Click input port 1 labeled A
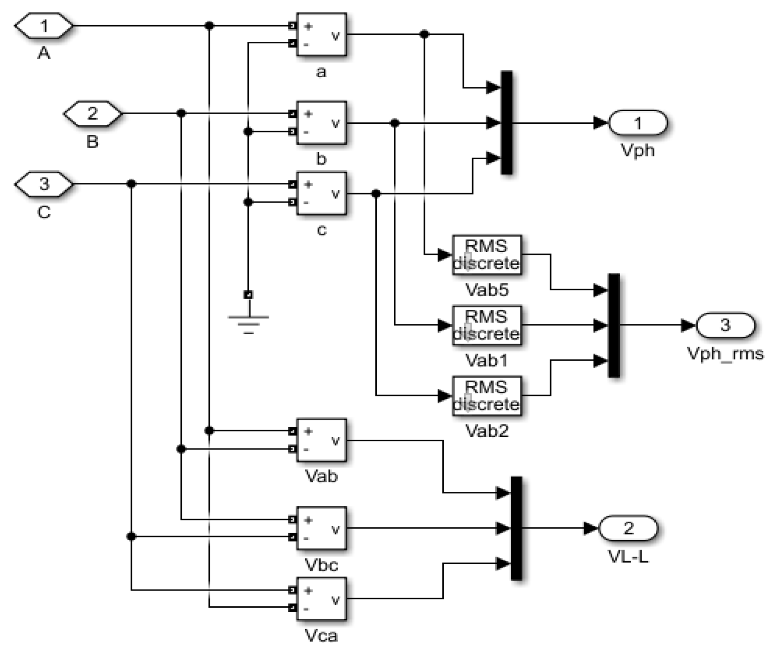44,26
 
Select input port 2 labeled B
93,114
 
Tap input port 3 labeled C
44,184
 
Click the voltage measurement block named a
321,35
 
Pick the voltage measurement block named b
321,123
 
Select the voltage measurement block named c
321,194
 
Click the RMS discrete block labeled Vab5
486,255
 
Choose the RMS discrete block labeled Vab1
486,325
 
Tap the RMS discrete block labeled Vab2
486,396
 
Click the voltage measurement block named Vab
321,440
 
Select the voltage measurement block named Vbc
321,529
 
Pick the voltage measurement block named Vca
321,599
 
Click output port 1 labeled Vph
638,123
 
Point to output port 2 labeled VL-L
628,528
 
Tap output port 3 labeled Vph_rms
725,325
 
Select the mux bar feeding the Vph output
506,123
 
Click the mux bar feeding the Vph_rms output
614,325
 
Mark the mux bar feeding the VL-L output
516,528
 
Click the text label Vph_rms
725,354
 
